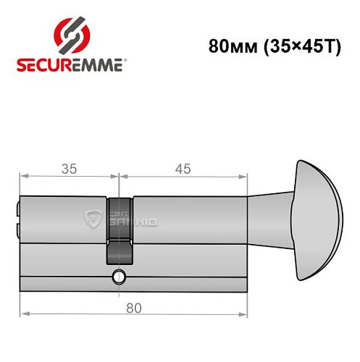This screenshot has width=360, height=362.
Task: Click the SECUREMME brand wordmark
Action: pyautogui.click(x=71, y=65)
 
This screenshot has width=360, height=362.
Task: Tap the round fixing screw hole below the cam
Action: pyautogui.click(x=118, y=277)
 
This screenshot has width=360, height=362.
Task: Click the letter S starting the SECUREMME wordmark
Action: pyautogui.click(x=21, y=65)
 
